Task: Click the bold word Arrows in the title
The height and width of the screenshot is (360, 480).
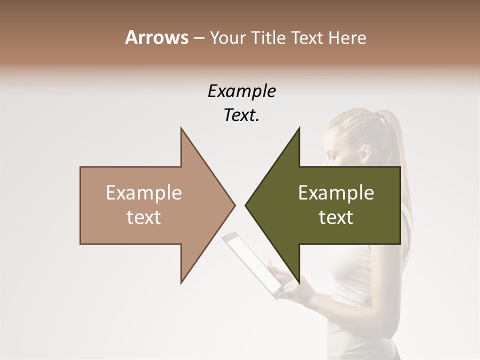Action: (157, 37)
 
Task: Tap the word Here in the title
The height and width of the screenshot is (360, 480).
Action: (347, 37)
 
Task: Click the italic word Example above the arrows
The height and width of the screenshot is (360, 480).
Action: (241, 91)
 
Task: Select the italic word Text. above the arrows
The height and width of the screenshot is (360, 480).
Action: (241, 115)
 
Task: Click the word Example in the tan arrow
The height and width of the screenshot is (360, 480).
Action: (144, 193)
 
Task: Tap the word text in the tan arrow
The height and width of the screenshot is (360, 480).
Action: (144, 217)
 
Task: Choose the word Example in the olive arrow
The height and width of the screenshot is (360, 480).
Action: (336, 193)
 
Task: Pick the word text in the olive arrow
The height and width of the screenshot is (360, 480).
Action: (336, 217)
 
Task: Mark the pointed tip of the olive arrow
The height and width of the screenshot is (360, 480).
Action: (246, 205)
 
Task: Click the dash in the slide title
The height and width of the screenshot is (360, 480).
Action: (198, 38)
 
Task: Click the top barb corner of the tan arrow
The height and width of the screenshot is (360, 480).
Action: (181, 128)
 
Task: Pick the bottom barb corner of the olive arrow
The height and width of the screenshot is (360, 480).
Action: (299, 283)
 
